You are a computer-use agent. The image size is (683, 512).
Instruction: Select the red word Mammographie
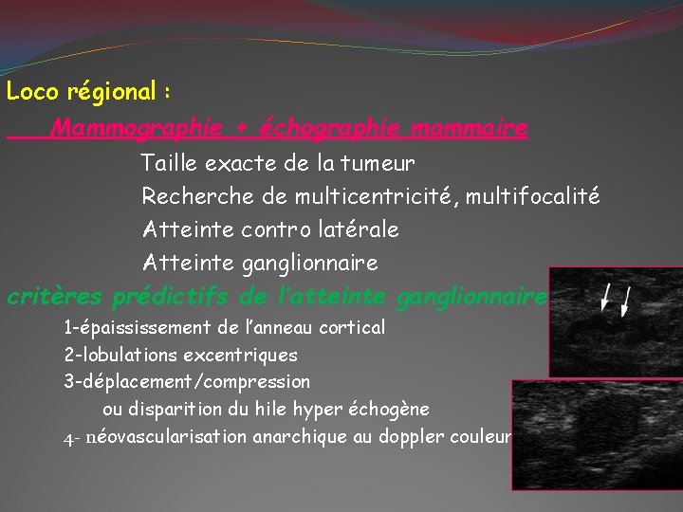pos(138,127)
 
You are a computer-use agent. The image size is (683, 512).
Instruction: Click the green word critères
pos(55,298)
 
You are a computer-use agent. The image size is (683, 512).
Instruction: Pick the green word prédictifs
pos(172,298)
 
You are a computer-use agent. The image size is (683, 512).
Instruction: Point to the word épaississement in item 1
pos(151,328)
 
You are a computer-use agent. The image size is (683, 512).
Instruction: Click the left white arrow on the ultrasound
pos(606,297)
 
